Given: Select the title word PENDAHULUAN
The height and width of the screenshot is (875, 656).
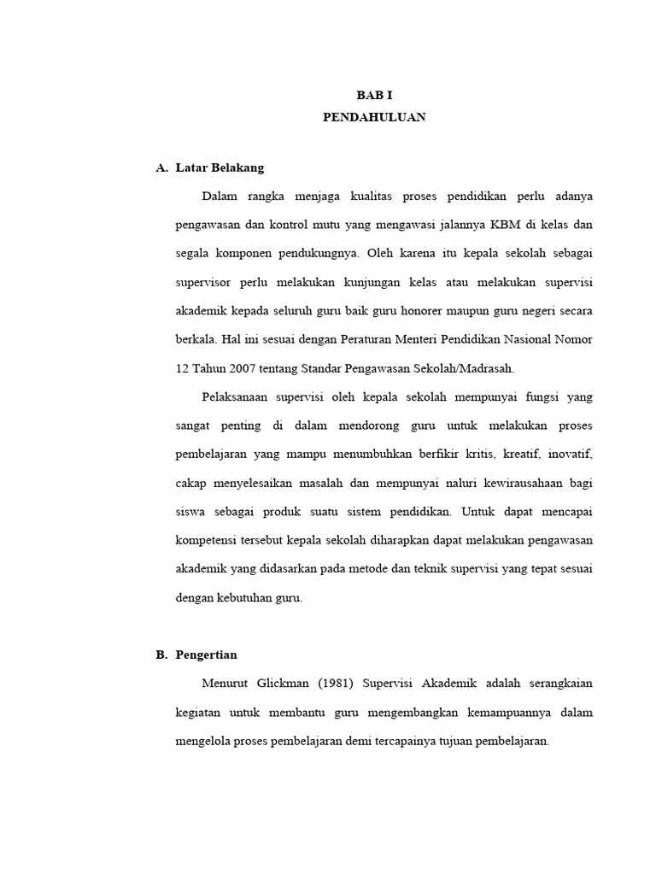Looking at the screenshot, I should tap(374, 118).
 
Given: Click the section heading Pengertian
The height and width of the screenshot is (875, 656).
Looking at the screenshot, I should tap(207, 655).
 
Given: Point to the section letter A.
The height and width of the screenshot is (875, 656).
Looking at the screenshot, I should tap(161, 167).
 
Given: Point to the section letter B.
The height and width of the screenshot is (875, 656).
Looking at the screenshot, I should tap(161, 655).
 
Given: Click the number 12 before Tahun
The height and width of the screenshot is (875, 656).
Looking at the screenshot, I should tap(180, 368).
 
